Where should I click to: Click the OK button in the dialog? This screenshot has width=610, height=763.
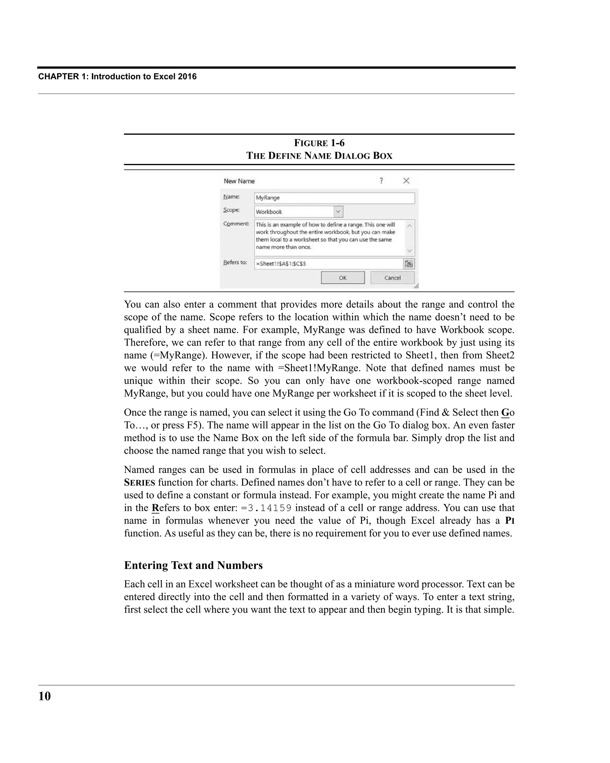(342, 278)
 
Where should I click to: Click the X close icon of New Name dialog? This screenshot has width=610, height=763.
(406, 181)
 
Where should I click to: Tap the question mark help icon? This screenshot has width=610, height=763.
(381, 181)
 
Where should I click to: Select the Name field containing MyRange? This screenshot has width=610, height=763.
(334, 198)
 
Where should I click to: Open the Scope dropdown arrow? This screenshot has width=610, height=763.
(338, 212)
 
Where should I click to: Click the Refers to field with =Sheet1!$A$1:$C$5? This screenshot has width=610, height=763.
(328, 264)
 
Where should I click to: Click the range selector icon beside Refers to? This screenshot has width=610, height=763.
(409, 264)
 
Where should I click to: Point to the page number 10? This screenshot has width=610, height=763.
(45, 697)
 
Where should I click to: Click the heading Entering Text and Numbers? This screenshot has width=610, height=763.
(193, 565)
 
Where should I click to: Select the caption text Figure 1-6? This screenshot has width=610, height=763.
(319, 143)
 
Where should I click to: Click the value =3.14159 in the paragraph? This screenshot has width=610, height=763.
(266, 508)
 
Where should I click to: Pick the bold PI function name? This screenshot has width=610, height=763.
(510, 521)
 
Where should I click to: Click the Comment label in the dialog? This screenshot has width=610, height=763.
(236, 224)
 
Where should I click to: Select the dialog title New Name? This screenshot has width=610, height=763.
(239, 181)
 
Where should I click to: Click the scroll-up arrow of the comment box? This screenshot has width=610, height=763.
(410, 225)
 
